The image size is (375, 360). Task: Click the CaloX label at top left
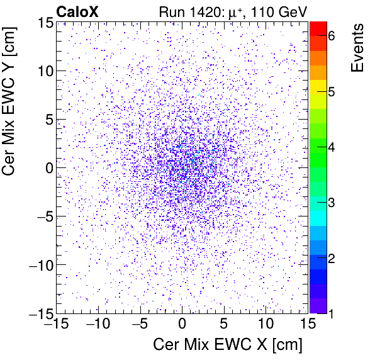pos(77,11)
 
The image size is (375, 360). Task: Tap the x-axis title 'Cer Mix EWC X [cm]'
pos(228,345)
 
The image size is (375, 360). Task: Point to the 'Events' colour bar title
pos(357,48)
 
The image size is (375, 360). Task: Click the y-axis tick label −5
pos(43,217)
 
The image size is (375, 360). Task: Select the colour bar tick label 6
pos(331,37)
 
